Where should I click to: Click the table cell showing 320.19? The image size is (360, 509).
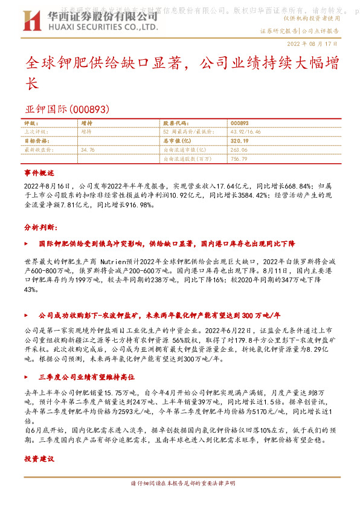pos(240,139)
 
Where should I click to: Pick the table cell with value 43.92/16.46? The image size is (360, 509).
pos(245,131)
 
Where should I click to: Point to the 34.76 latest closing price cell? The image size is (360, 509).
pos(88,148)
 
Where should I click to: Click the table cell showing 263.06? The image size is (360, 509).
pos(239,148)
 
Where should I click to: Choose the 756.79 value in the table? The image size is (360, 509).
pos(239,158)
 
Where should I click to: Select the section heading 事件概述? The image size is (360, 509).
pos(39,172)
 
